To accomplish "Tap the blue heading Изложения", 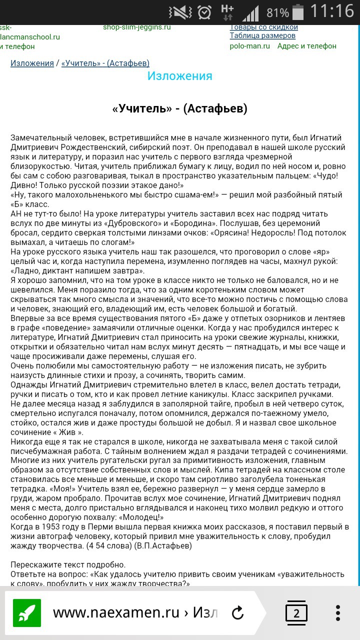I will tap(179, 76).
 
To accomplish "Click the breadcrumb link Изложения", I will tap(32, 63).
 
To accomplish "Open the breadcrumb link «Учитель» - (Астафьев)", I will tap(105, 63).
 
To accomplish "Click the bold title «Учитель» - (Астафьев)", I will tap(180, 108).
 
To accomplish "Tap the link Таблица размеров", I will tap(262, 35).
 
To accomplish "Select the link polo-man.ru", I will tap(249, 46).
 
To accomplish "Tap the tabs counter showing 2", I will tap(296, 613).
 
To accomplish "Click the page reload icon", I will tap(238, 613).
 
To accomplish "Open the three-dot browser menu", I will tap(338, 613).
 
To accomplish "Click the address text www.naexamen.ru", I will tap(115, 613).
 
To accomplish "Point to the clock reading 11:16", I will tap(332, 11).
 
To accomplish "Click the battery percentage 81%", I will tap(277, 12).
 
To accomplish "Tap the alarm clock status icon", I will tap(204, 12).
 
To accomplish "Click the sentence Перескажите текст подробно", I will tap(65, 565).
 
